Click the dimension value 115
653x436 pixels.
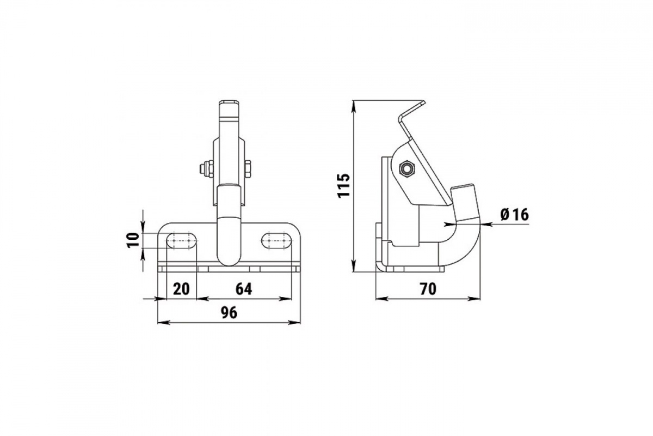coord(344,185)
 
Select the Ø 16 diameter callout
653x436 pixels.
coord(515,215)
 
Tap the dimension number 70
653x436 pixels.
coord(428,289)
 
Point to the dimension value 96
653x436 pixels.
coord(229,313)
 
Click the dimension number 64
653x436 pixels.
coord(243,289)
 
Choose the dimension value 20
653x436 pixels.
coord(181,289)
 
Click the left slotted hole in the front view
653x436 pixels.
coord(181,241)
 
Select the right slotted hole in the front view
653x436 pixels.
coord(276,241)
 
